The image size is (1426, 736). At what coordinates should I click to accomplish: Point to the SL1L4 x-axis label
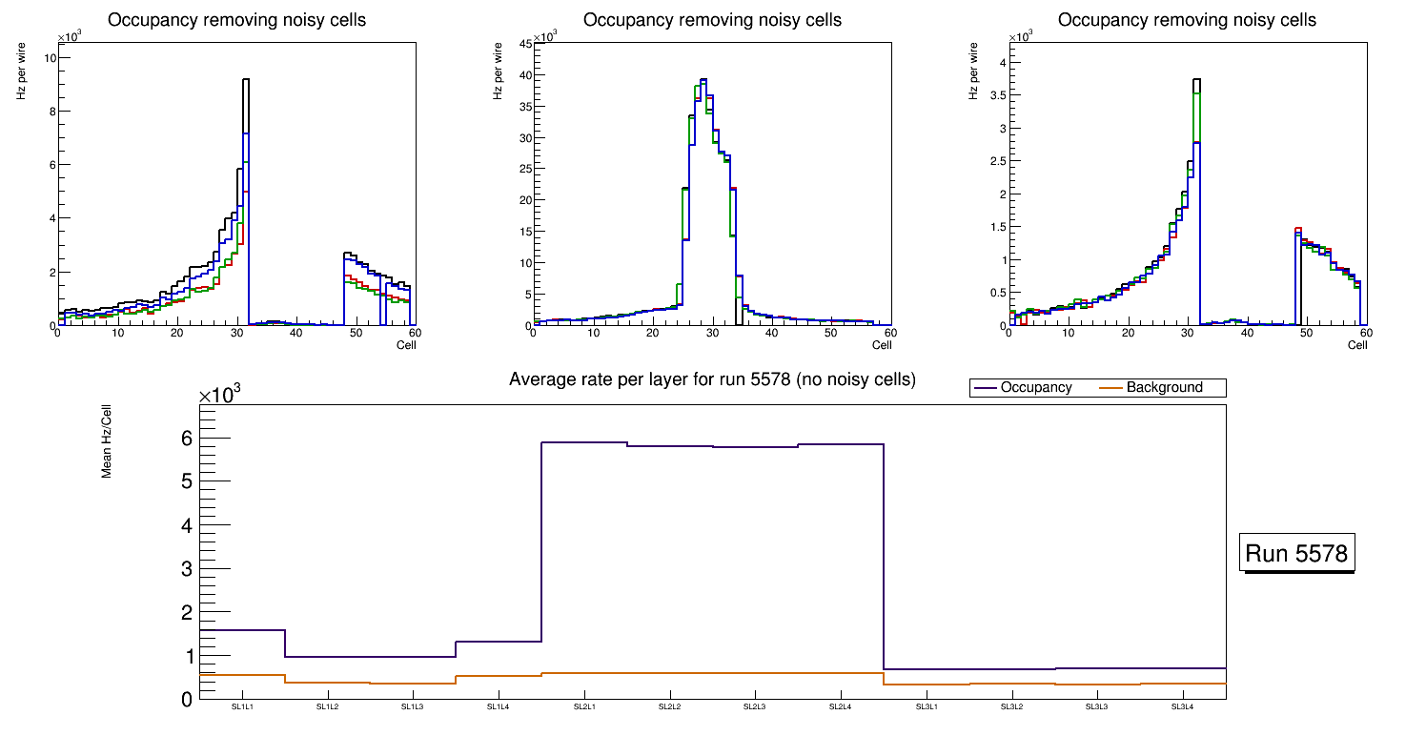(499, 706)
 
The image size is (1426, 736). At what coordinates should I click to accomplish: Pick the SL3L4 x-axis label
(1182, 706)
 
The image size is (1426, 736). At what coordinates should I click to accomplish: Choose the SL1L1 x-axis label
(242, 706)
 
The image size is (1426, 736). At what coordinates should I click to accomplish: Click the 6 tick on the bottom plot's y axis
(187, 439)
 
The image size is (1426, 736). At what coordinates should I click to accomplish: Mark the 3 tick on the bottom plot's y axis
(187, 569)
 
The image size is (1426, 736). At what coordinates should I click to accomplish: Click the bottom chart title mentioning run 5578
(712, 379)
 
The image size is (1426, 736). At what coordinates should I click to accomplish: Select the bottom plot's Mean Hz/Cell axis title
(107, 440)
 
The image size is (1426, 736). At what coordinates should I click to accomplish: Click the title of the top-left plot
(236, 20)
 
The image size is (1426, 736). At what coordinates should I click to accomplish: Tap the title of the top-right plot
(1188, 20)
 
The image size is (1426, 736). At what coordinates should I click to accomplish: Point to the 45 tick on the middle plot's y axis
(524, 44)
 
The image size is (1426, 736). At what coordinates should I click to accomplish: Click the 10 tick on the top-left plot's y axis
(50, 58)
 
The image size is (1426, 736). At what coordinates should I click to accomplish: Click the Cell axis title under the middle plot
(882, 345)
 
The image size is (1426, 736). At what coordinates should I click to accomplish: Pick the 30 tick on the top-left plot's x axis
(237, 333)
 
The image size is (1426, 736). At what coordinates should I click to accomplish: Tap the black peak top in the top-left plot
(246, 80)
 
